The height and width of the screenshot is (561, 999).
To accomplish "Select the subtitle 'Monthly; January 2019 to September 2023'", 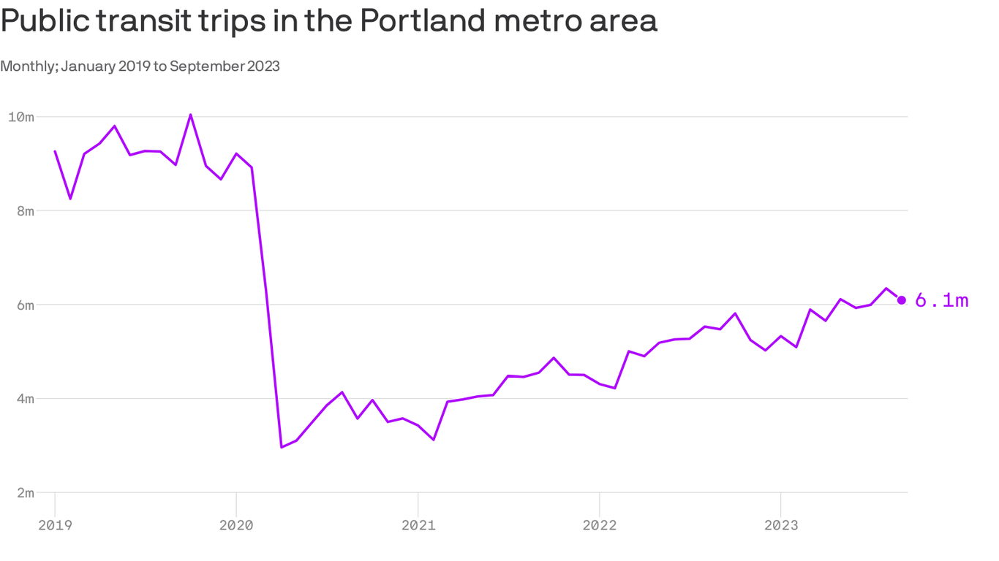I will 140,66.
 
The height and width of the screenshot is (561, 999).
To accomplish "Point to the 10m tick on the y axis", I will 21,117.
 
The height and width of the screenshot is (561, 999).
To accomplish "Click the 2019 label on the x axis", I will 55,524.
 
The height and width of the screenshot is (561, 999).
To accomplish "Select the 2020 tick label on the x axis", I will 236,524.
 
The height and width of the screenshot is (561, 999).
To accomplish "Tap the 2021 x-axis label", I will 418,524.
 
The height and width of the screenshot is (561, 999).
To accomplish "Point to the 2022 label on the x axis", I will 599,524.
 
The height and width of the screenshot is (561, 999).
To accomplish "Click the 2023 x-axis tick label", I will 780,524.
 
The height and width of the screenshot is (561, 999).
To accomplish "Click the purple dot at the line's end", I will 902,300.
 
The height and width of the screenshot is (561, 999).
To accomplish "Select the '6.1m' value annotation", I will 942,300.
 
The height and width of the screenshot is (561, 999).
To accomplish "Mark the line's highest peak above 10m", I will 191,115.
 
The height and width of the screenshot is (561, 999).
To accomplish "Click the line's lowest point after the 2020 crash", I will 282,447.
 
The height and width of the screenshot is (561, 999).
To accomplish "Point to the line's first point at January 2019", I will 55,151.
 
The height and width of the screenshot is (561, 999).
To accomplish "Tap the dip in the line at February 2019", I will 70,199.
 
